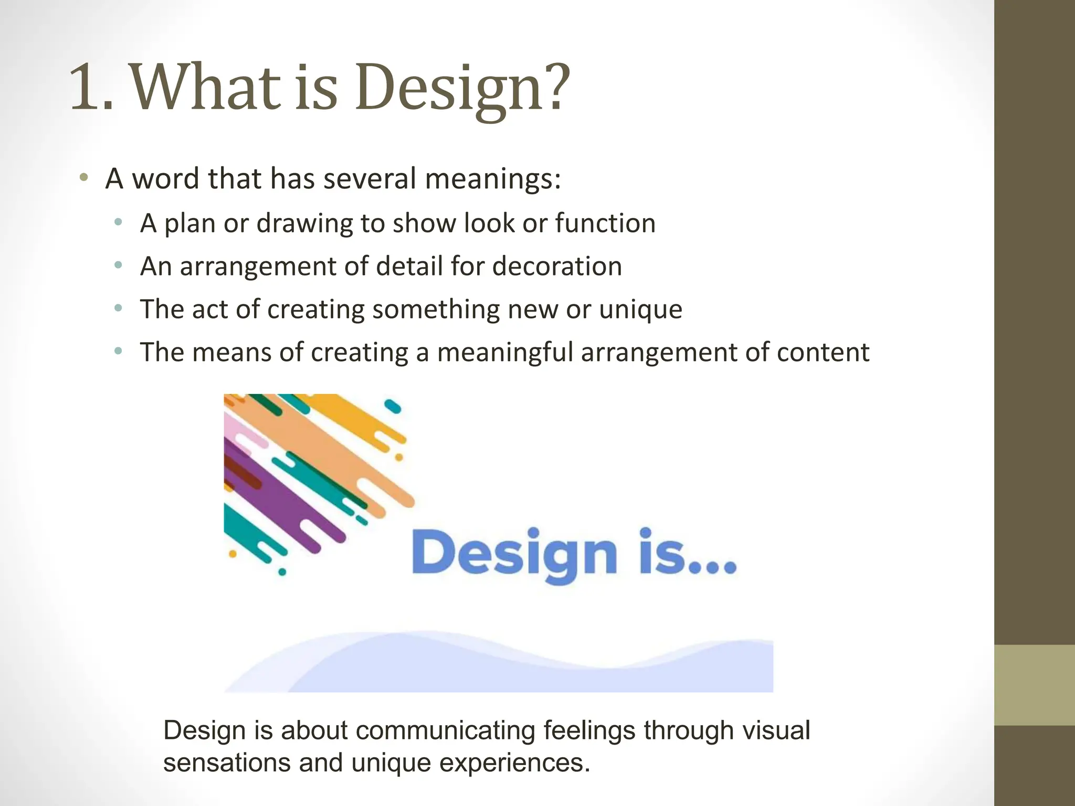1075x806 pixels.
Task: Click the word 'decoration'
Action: click(x=557, y=266)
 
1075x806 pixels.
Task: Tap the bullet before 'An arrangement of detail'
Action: click(x=118, y=265)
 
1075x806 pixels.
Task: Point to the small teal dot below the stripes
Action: click(x=282, y=571)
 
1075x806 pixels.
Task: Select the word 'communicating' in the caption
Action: click(x=446, y=730)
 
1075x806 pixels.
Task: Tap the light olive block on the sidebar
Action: click(x=1034, y=685)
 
